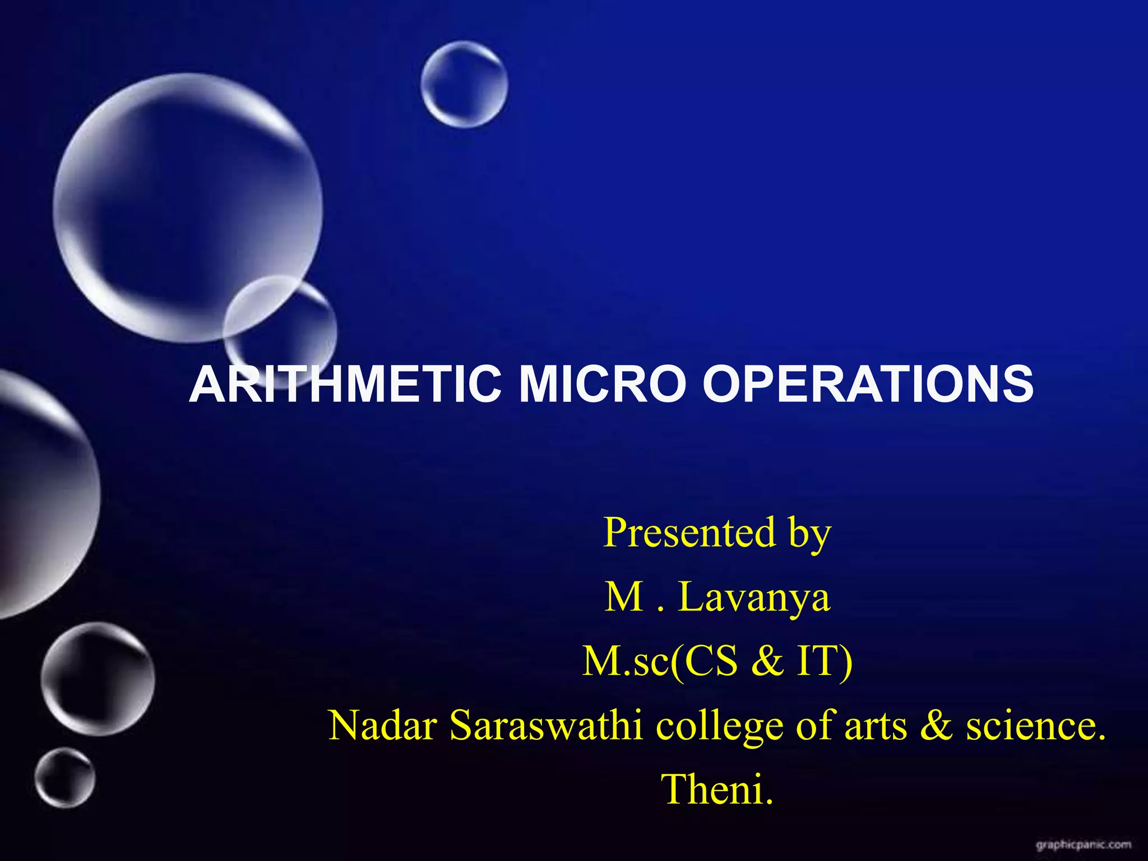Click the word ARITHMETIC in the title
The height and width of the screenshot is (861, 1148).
[x=345, y=384]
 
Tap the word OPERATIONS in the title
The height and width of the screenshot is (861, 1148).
[x=868, y=384]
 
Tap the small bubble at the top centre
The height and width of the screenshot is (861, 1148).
[x=464, y=84]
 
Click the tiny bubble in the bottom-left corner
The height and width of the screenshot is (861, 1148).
[x=64, y=777]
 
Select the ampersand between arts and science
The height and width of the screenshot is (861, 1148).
[x=936, y=725]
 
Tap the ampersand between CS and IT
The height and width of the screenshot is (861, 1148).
[x=767, y=661]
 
